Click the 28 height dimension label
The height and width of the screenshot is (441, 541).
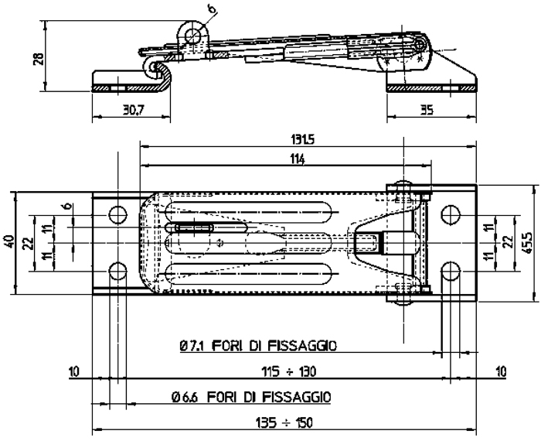[x=39, y=59]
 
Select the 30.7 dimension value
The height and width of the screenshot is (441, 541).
[x=133, y=110]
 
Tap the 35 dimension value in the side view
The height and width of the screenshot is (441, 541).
[x=427, y=110]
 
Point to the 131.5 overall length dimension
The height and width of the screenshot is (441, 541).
[x=303, y=140]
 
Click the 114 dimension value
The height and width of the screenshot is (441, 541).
[x=298, y=159]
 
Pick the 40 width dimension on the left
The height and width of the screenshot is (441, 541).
[x=9, y=241]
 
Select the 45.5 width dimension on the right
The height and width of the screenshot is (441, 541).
[x=527, y=243]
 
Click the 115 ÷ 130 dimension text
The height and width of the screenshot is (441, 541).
[x=288, y=372]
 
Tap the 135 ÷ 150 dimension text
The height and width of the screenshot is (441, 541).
[x=284, y=422]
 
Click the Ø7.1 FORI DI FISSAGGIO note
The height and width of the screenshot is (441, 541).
[x=258, y=345]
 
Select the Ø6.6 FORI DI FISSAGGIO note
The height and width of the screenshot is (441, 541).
[x=251, y=397]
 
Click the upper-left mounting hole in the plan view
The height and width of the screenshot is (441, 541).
[x=117, y=215]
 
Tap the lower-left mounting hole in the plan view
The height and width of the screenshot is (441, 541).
[x=117, y=271]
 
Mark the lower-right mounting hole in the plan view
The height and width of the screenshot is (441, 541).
[x=451, y=271]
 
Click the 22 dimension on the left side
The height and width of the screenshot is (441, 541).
[x=29, y=243]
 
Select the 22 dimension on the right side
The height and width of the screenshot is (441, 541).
[x=507, y=242]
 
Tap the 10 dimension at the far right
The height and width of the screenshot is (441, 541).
[x=501, y=372]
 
